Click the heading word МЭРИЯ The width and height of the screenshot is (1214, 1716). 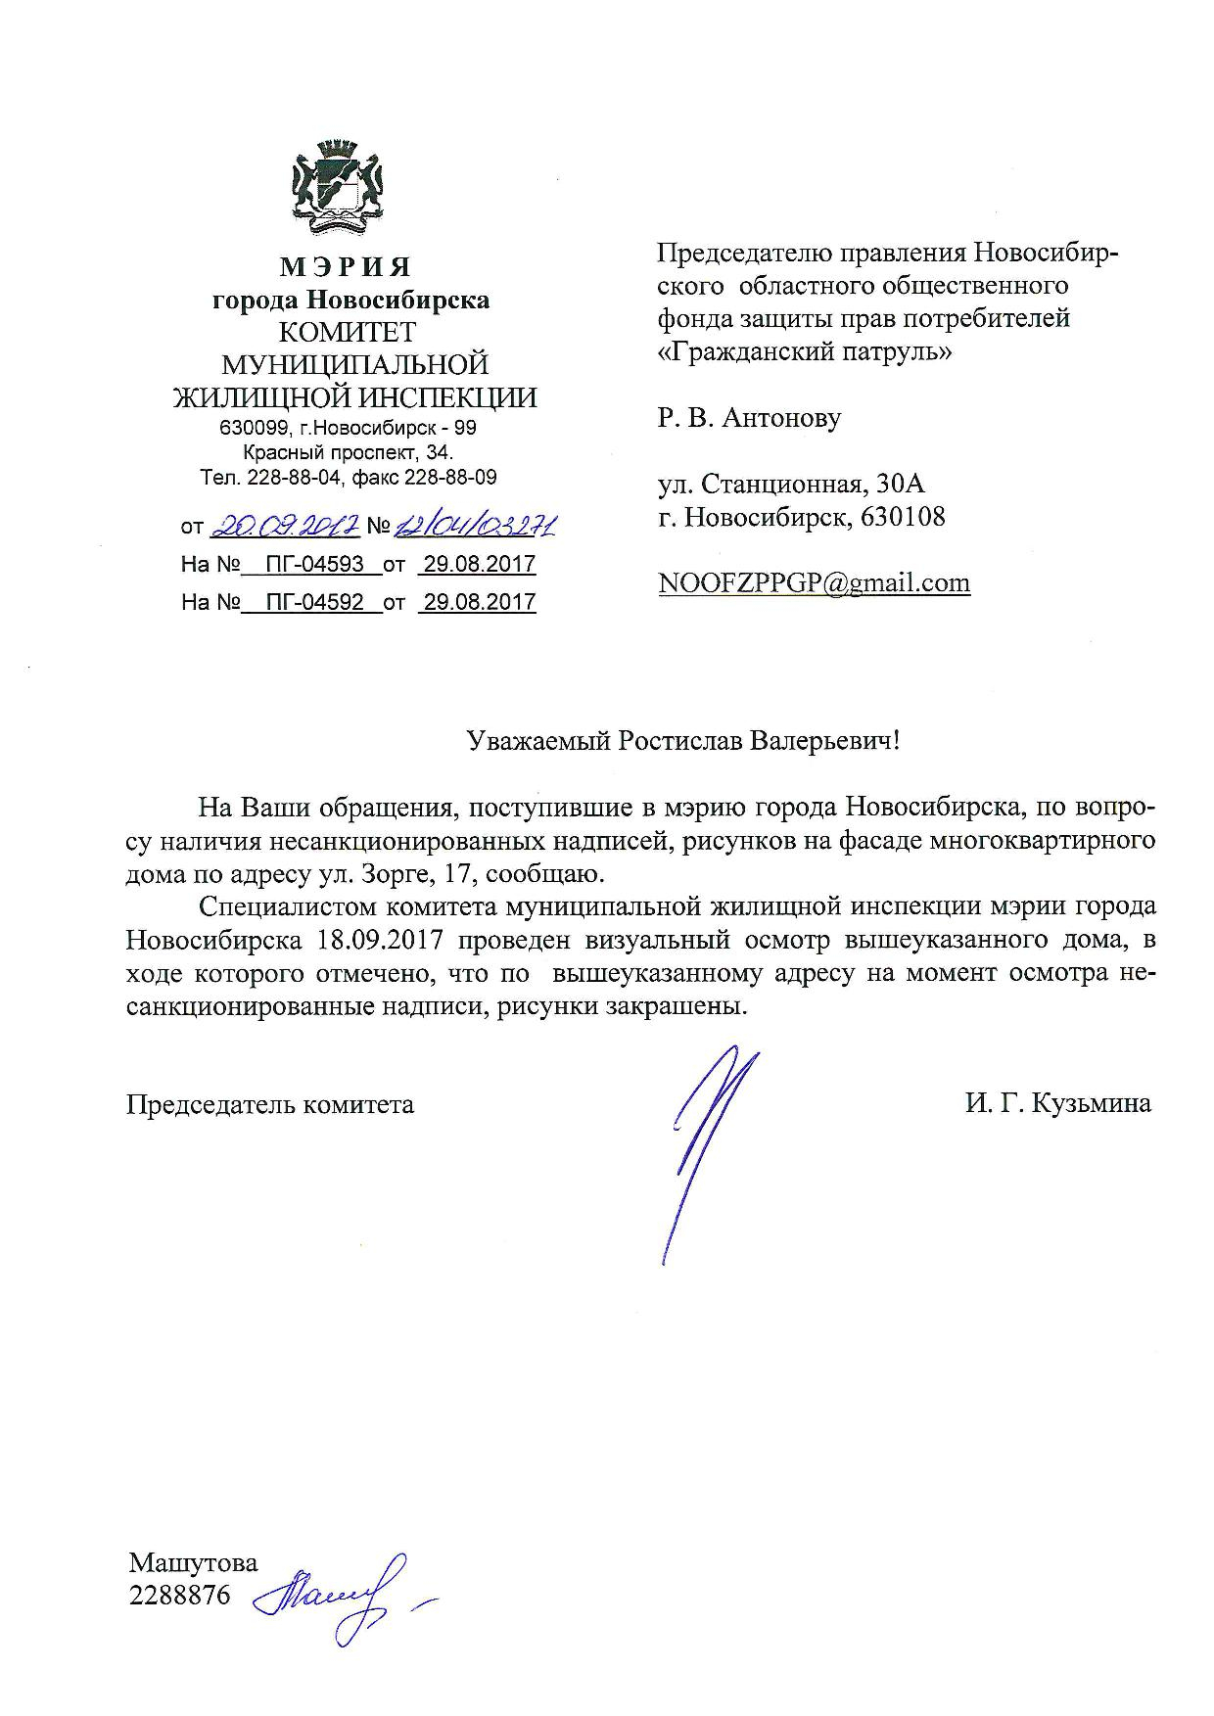click(346, 266)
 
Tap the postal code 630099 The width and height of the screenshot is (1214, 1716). click(252, 429)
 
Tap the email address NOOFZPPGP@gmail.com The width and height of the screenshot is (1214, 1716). click(815, 583)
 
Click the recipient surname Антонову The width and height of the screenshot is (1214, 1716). click(781, 419)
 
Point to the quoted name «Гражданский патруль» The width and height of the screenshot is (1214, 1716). click(804, 351)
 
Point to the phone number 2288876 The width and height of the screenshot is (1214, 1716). click(180, 1596)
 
